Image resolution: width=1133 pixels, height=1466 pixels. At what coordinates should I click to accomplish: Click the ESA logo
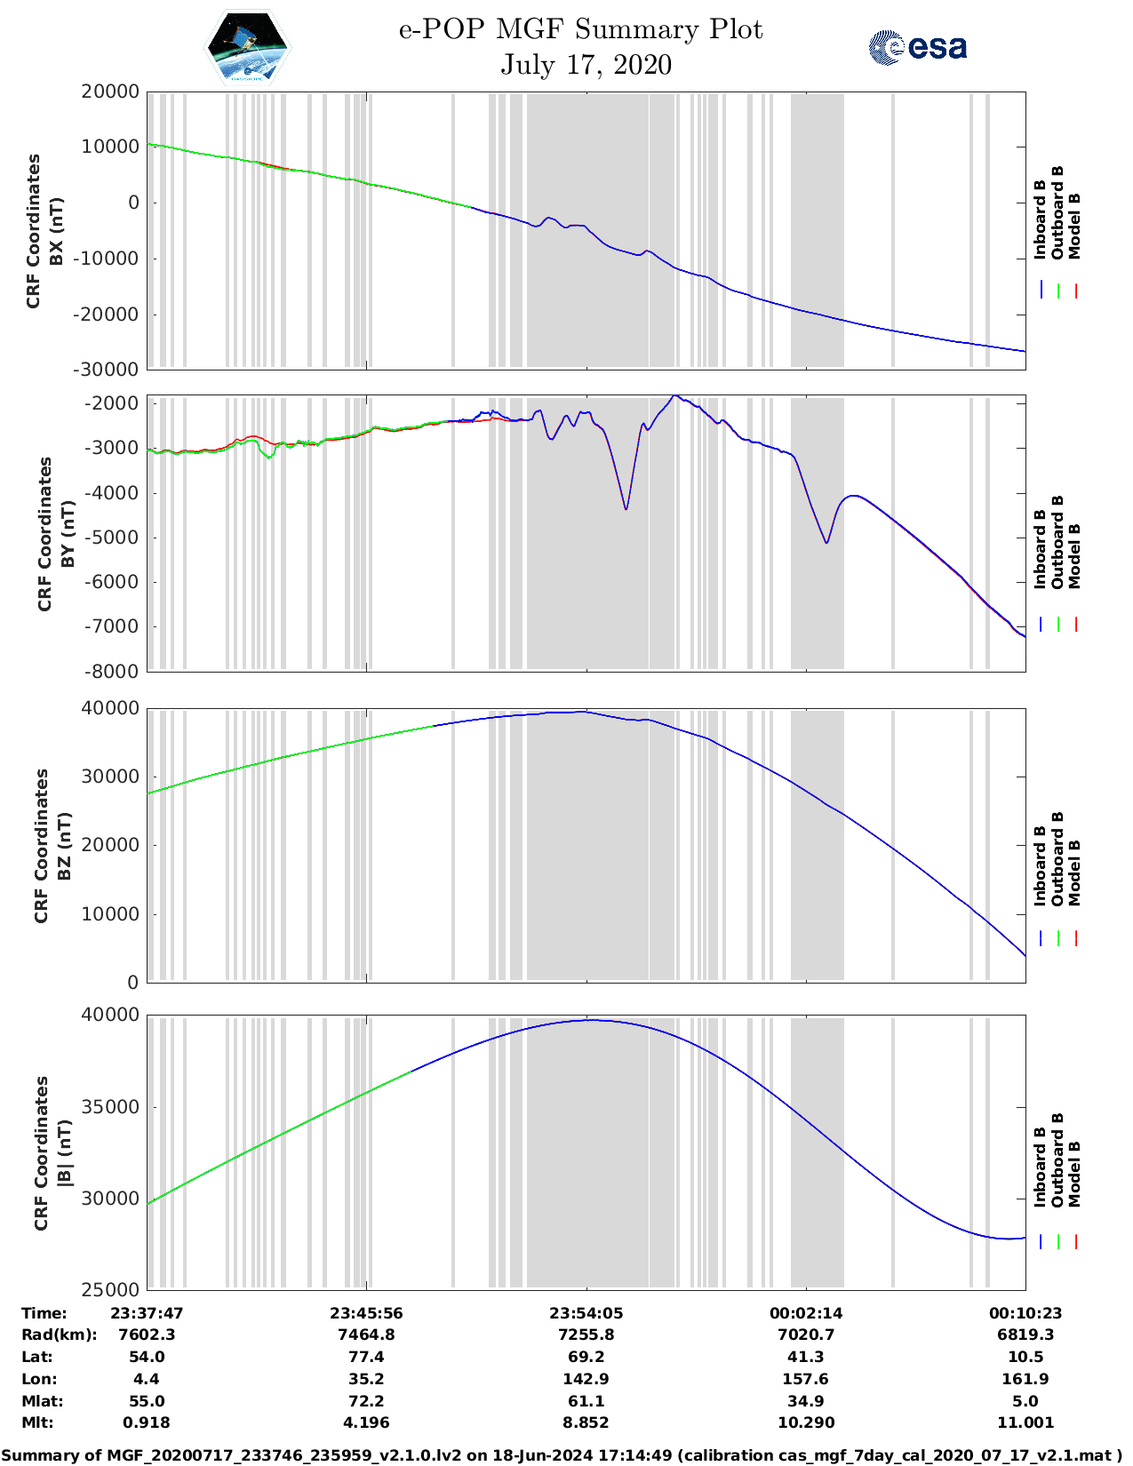917,46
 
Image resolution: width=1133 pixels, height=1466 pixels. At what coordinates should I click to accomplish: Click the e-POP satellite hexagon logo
248,46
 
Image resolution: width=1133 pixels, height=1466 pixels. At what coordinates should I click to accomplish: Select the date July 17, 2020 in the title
586,65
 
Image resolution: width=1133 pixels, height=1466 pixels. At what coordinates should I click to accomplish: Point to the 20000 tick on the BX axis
109,92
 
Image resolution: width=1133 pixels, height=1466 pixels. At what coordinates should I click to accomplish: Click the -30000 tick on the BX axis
109,370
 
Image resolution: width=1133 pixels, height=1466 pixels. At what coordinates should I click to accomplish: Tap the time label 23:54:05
586,1313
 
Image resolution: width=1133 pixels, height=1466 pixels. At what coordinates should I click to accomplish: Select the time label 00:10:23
1025,1313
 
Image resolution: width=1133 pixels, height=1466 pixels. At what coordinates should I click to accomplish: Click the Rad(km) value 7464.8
366,1335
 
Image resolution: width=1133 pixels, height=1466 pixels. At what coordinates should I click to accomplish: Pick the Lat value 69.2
586,1357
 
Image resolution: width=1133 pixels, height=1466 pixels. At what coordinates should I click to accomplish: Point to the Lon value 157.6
805,1379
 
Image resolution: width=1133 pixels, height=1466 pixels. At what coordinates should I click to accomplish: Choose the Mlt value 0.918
147,1422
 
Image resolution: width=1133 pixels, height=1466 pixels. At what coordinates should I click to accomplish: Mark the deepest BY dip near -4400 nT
626,508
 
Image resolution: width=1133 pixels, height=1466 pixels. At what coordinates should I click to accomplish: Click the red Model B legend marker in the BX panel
1075,291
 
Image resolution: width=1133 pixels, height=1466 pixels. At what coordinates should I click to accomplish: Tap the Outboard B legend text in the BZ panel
1057,858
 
